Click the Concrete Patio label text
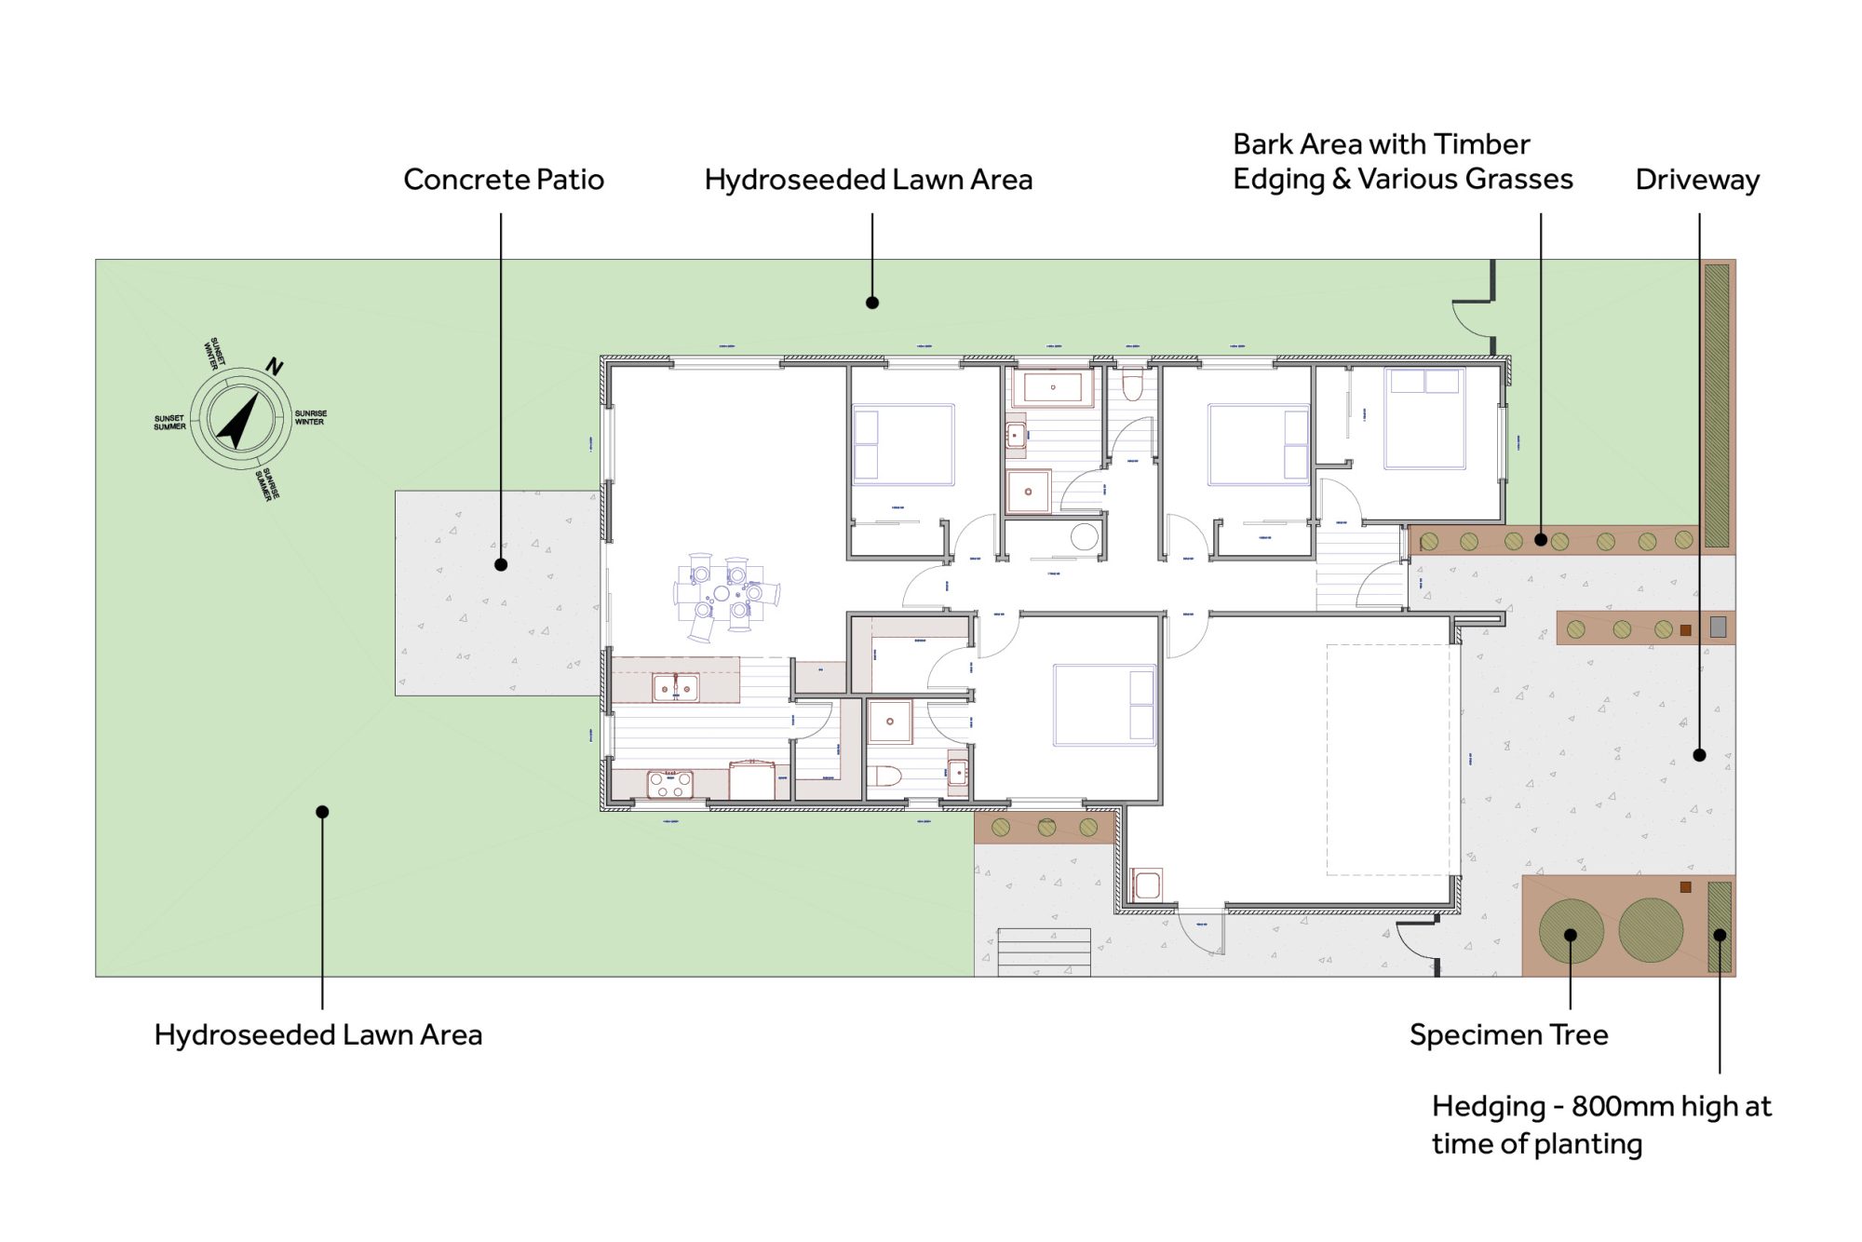tap(504, 180)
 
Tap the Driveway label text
tap(1696, 180)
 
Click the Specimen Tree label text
tap(1508, 1034)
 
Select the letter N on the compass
tap(274, 366)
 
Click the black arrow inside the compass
tap(238, 420)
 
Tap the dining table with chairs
tap(725, 595)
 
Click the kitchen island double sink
tap(675, 688)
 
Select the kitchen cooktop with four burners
tap(669, 784)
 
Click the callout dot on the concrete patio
tap(501, 564)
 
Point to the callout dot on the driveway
tap(1699, 755)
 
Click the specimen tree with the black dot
tap(1571, 930)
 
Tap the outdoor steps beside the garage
tap(1044, 951)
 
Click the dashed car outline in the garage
tap(1387, 760)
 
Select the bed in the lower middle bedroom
tap(1104, 705)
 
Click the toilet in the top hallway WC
tap(1132, 383)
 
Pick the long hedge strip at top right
tap(1716, 405)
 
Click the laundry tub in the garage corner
tap(1146, 884)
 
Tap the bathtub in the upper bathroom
tap(1052, 387)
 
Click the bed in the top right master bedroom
tap(1423, 418)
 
